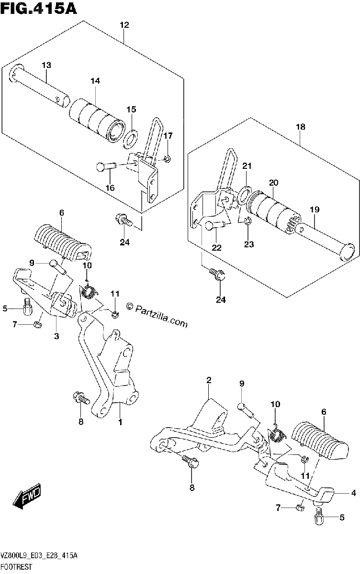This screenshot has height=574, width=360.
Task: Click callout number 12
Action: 124,25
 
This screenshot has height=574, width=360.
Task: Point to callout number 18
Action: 301,127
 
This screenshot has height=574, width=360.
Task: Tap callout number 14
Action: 95,81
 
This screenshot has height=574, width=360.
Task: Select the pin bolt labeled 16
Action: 106,166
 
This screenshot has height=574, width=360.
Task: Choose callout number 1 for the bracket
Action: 120,422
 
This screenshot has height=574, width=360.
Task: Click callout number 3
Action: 56,336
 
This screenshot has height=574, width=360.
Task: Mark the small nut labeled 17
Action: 168,159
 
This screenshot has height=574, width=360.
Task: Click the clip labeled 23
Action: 248,221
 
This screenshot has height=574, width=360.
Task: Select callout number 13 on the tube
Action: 46,65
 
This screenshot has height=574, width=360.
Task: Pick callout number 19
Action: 315,210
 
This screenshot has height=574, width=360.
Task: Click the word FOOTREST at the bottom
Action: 17,566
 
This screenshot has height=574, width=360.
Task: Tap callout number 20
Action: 273,183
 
